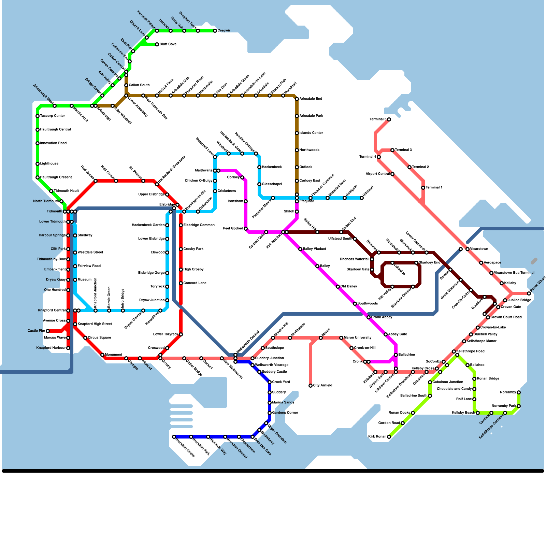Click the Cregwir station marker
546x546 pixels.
(x=215, y=31)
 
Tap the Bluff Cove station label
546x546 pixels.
(x=168, y=44)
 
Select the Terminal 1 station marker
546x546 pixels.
(x=423, y=188)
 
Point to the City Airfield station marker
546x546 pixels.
(x=311, y=386)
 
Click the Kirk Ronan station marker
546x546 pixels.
(x=389, y=437)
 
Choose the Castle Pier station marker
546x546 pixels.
(x=48, y=331)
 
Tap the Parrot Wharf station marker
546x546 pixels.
(x=529, y=293)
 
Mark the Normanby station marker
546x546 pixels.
(x=519, y=392)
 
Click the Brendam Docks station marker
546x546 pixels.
(x=174, y=437)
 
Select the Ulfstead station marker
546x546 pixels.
(x=362, y=198)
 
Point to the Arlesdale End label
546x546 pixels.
(x=311, y=99)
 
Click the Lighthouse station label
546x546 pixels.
(x=49, y=164)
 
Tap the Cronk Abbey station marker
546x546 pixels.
(x=369, y=317)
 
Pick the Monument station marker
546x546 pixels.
(x=102, y=355)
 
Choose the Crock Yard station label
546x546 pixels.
(x=281, y=382)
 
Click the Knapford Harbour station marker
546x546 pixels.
(x=68, y=348)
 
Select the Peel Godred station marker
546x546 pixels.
(x=246, y=229)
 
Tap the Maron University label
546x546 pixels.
(x=358, y=338)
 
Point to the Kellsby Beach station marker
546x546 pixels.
(x=478, y=413)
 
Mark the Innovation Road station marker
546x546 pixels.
(x=38, y=143)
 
